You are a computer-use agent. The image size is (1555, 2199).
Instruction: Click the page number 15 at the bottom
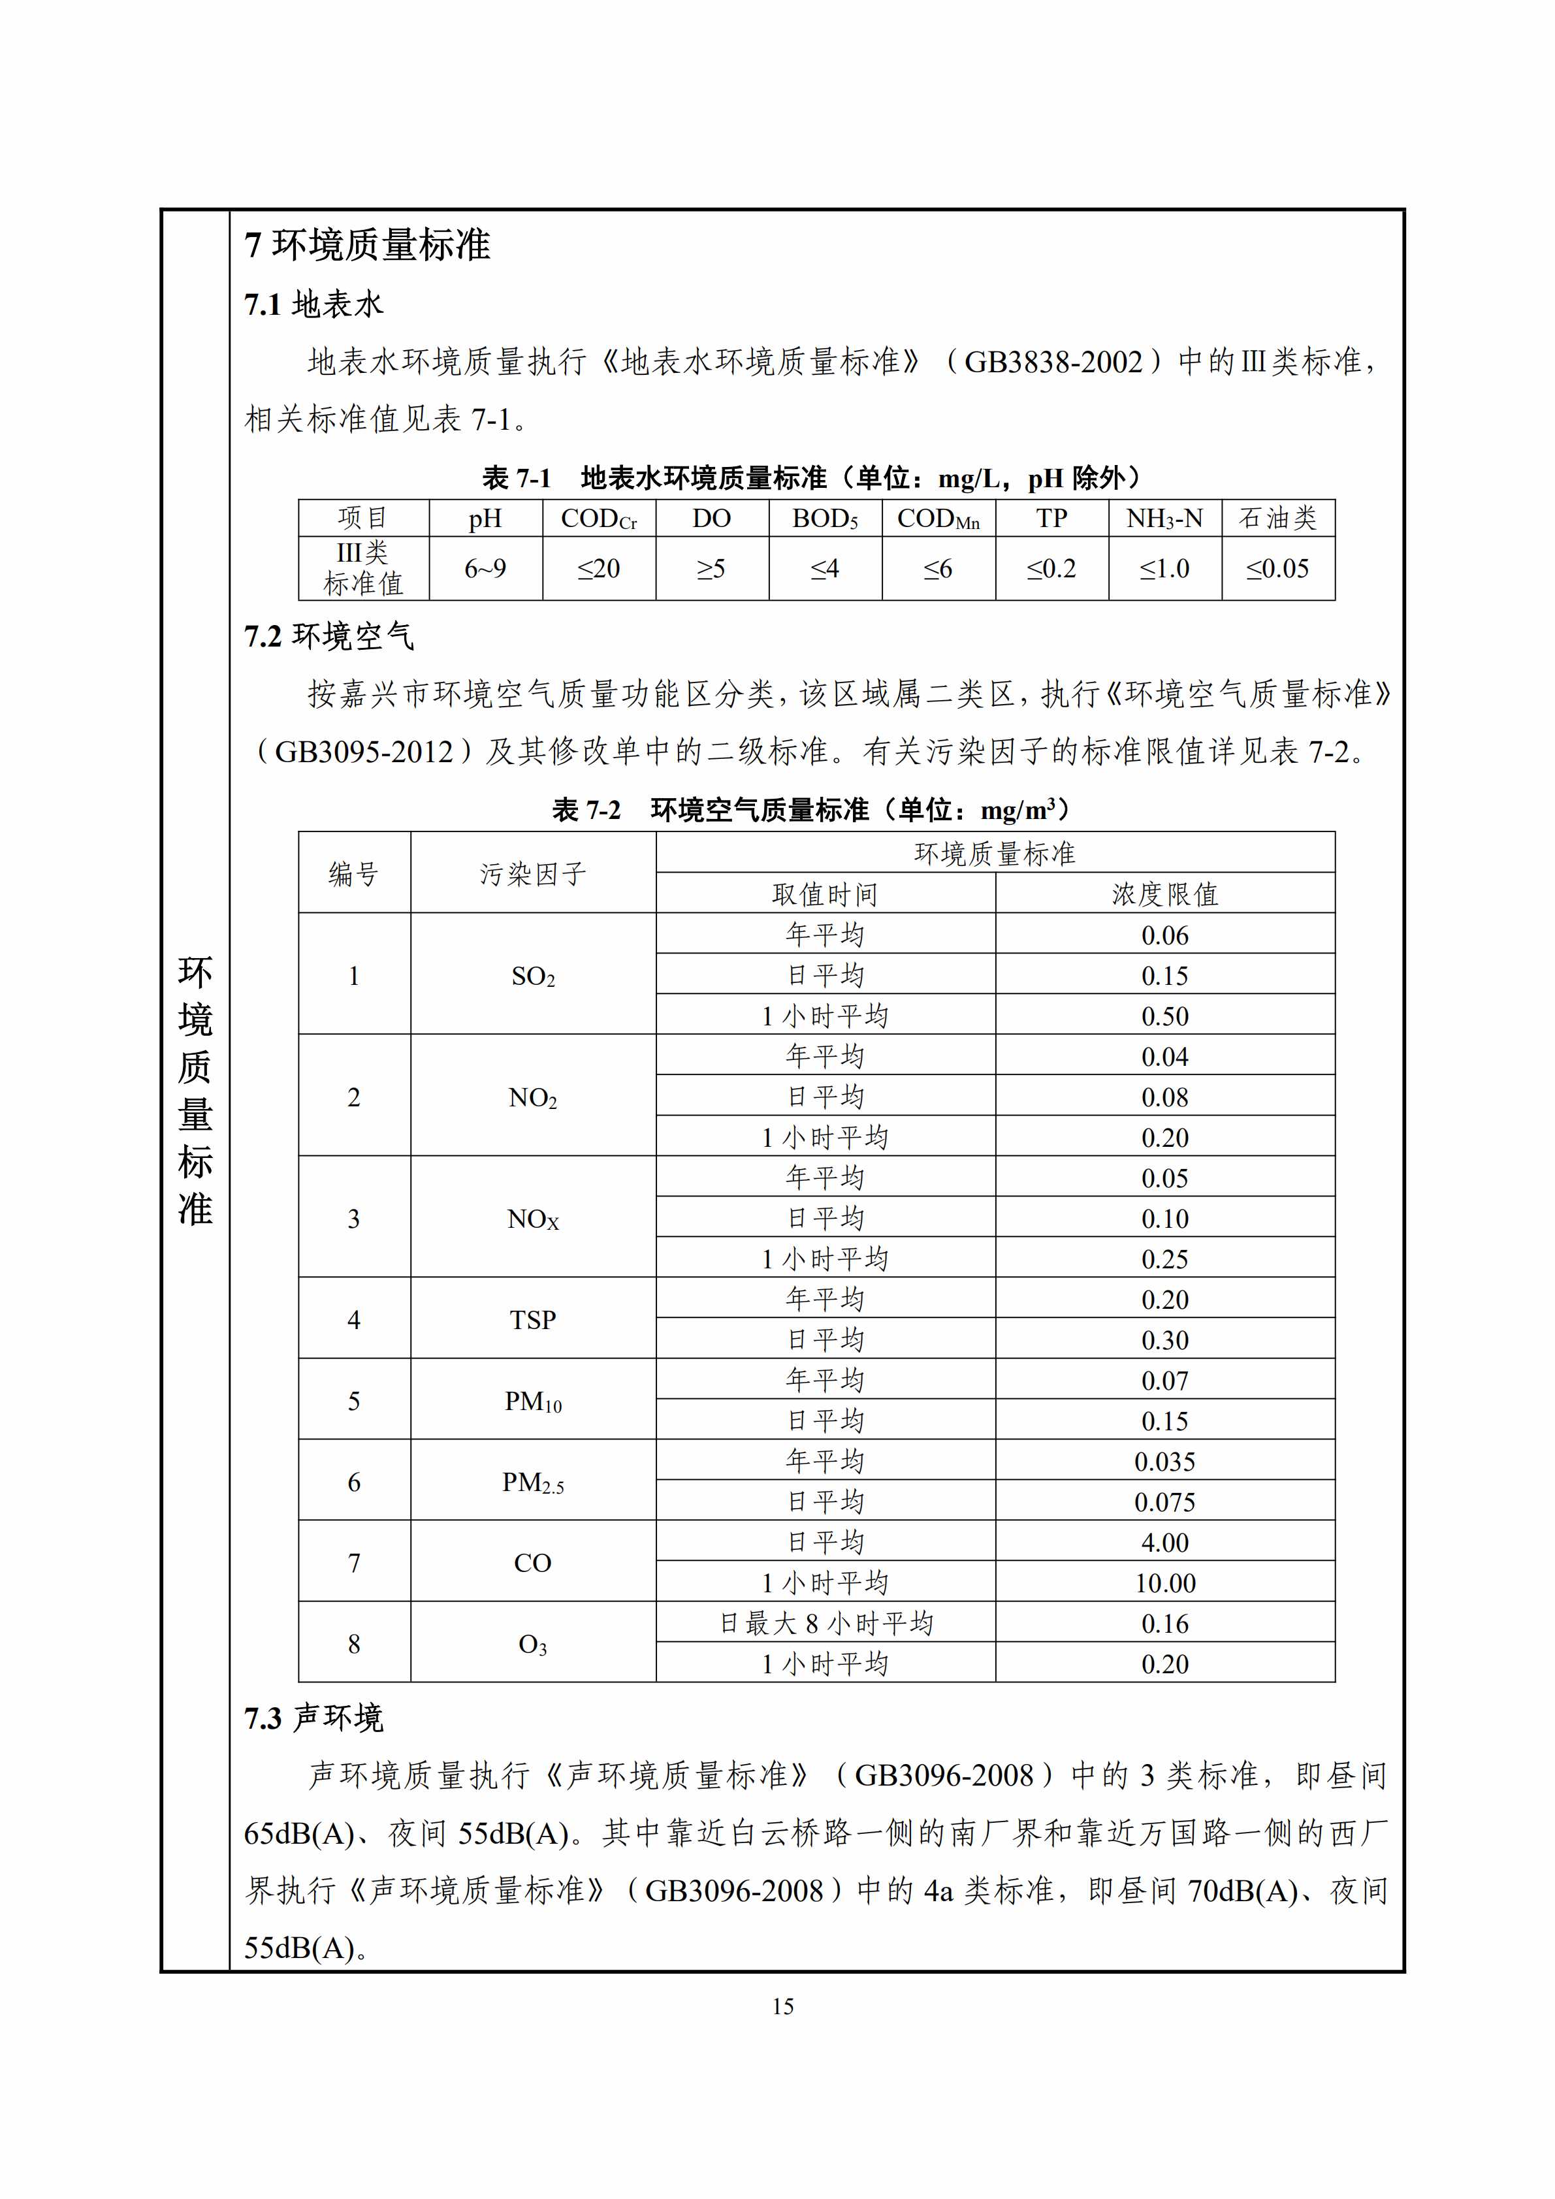pyautogui.click(x=782, y=2006)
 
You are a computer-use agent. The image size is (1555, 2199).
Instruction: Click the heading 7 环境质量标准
pyautogui.click(x=368, y=245)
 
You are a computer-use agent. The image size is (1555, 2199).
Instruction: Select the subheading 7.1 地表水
pyautogui.click(x=314, y=304)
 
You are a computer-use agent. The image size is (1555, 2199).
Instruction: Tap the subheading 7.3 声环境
pyautogui.click(x=314, y=1719)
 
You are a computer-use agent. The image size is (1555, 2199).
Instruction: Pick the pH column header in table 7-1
pyautogui.click(x=485, y=518)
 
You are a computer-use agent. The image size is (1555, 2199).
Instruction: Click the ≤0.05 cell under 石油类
pyautogui.click(x=1277, y=569)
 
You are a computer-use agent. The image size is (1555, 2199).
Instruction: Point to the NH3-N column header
pyautogui.click(x=1164, y=518)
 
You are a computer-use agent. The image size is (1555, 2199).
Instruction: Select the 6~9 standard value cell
pyautogui.click(x=485, y=569)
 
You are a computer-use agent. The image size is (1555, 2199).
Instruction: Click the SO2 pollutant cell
pyautogui.click(x=534, y=976)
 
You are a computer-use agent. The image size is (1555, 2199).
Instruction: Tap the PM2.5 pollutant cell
pyautogui.click(x=534, y=1483)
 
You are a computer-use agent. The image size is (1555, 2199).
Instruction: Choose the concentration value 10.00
pyautogui.click(x=1165, y=1583)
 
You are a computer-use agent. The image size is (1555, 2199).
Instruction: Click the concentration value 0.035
pyautogui.click(x=1165, y=1462)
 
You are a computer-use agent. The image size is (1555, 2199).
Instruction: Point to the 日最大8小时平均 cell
pyautogui.click(x=826, y=1624)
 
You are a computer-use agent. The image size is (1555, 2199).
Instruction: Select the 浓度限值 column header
pyautogui.click(x=1165, y=893)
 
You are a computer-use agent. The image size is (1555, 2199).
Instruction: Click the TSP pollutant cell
pyautogui.click(x=534, y=1320)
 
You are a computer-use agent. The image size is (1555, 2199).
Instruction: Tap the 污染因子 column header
pyautogui.click(x=534, y=873)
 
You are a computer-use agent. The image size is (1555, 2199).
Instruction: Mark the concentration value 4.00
pyautogui.click(x=1165, y=1543)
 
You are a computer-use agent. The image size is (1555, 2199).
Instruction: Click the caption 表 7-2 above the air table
pyautogui.click(x=586, y=811)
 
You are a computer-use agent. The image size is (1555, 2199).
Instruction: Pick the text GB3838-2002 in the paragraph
pyautogui.click(x=1053, y=362)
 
